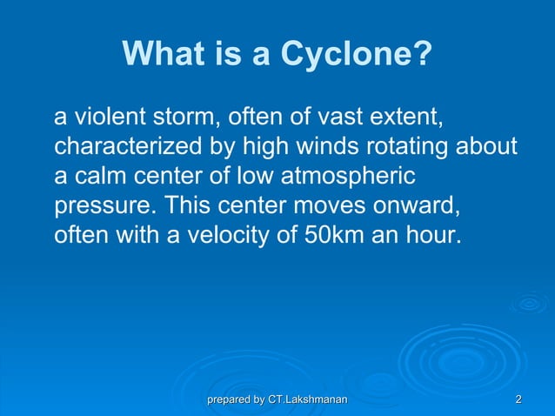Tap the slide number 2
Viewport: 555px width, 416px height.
[518, 399]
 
